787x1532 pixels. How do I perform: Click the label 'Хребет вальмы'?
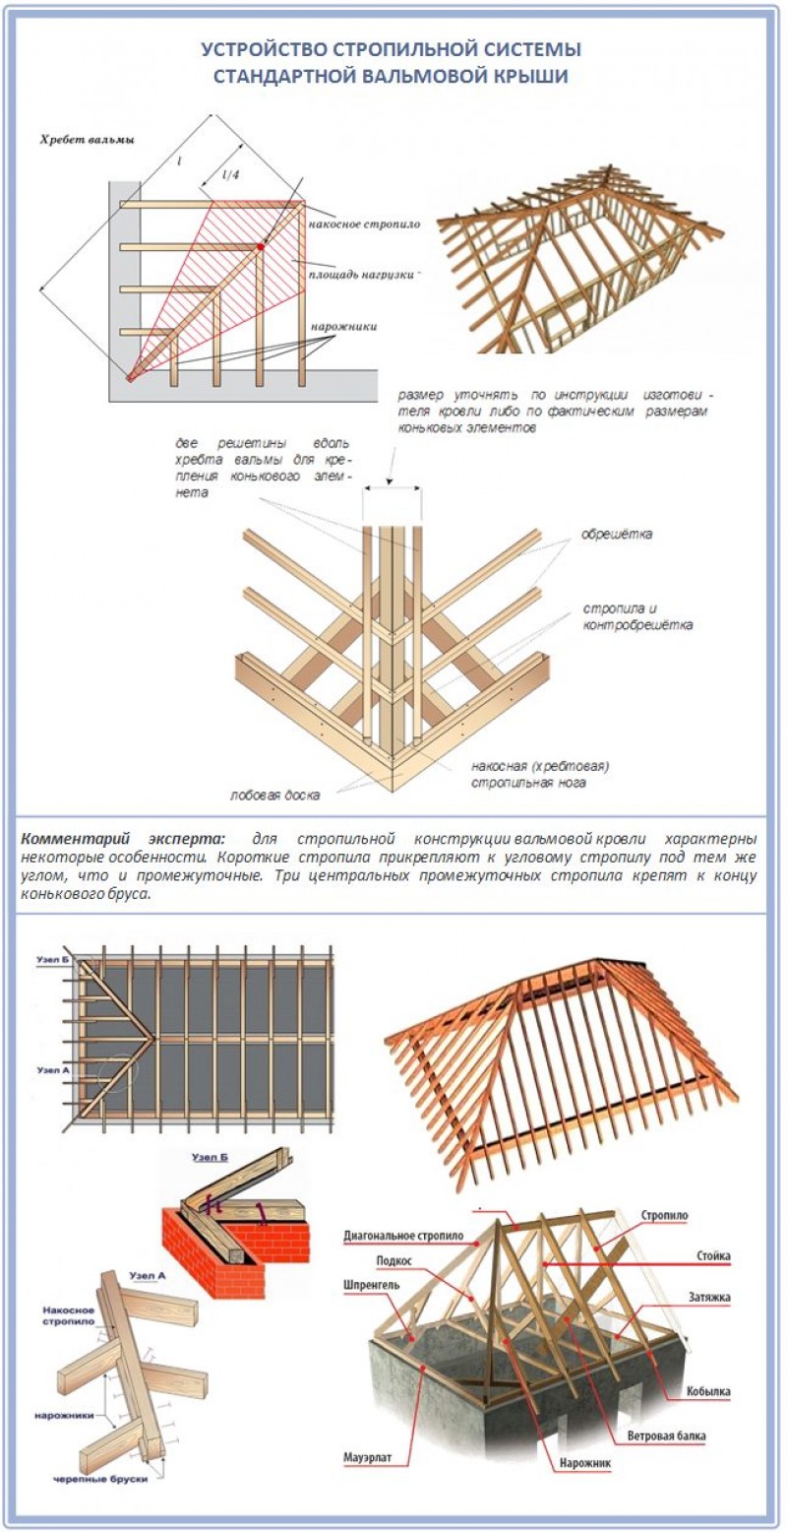pos(86,140)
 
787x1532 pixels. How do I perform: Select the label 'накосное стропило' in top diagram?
pos(365,224)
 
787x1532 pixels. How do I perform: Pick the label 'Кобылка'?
pos(708,1391)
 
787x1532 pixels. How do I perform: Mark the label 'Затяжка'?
pos(707,1298)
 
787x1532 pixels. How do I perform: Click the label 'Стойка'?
pos(710,1257)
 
